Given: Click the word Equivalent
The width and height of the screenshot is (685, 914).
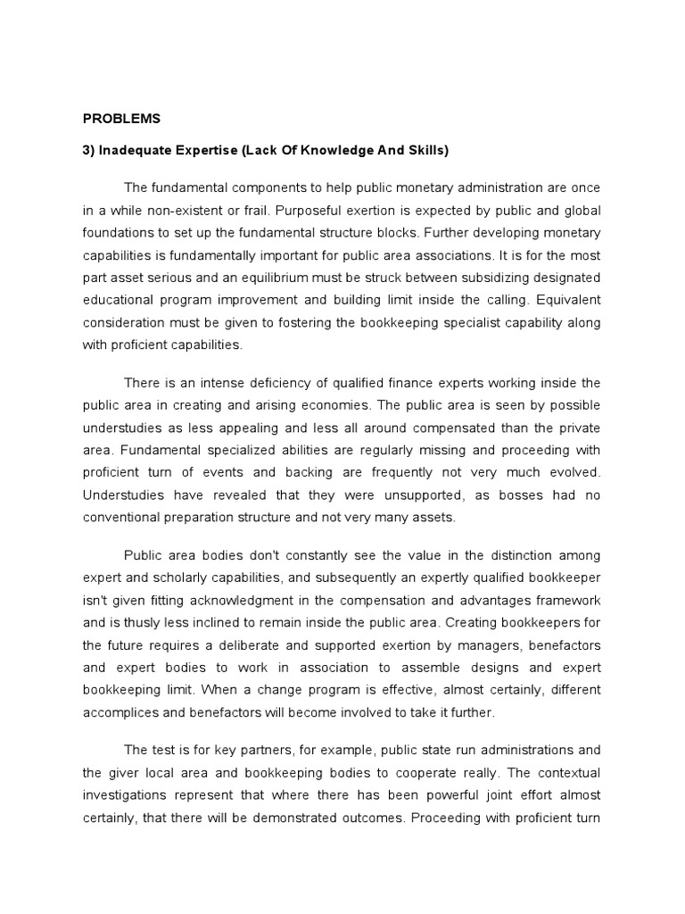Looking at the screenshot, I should coord(568,299).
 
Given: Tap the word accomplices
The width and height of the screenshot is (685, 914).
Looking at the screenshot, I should coord(119,712).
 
